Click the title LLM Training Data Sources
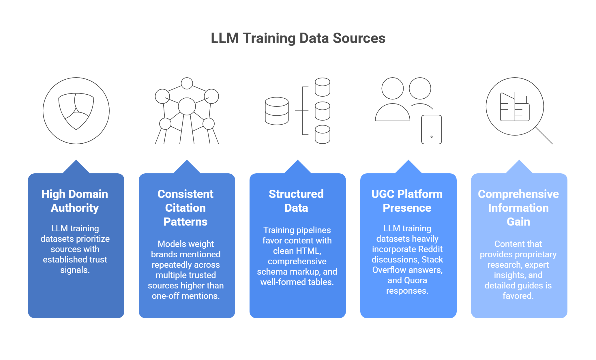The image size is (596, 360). [x=298, y=38]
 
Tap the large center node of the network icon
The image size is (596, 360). [x=187, y=106]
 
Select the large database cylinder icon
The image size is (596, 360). [x=277, y=111]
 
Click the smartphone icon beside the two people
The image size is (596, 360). [x=431, y=129]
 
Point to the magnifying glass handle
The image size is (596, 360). [x=544, y=136]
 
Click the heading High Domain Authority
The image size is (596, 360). [x=75, y=201]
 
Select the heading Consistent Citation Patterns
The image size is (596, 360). [x=185, y=208]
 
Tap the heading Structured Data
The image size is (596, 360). [x=296, y=201]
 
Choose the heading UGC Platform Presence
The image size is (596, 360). [x=407, y=201]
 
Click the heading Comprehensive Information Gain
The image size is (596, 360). [x=518, y=208]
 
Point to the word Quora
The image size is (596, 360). [x=416, y=280]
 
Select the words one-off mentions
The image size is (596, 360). [x=186, y=296]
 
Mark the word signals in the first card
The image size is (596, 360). [x=75, y=270]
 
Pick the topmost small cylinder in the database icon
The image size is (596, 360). [x=322, y=87]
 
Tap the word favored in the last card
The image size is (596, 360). [x=518, y=296]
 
